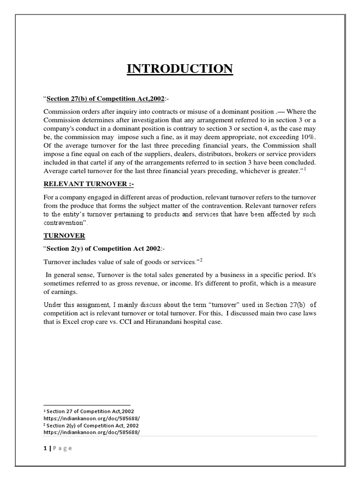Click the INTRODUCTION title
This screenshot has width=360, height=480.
coord(180,69)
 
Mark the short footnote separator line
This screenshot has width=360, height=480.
coord(87,404)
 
